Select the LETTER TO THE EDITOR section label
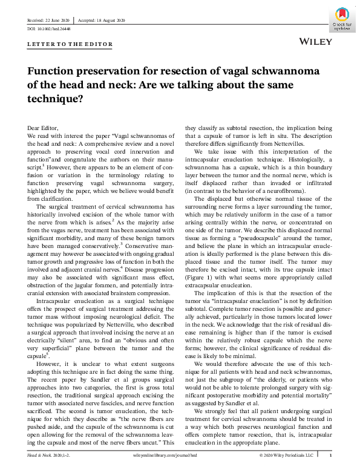tap(57, 44)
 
